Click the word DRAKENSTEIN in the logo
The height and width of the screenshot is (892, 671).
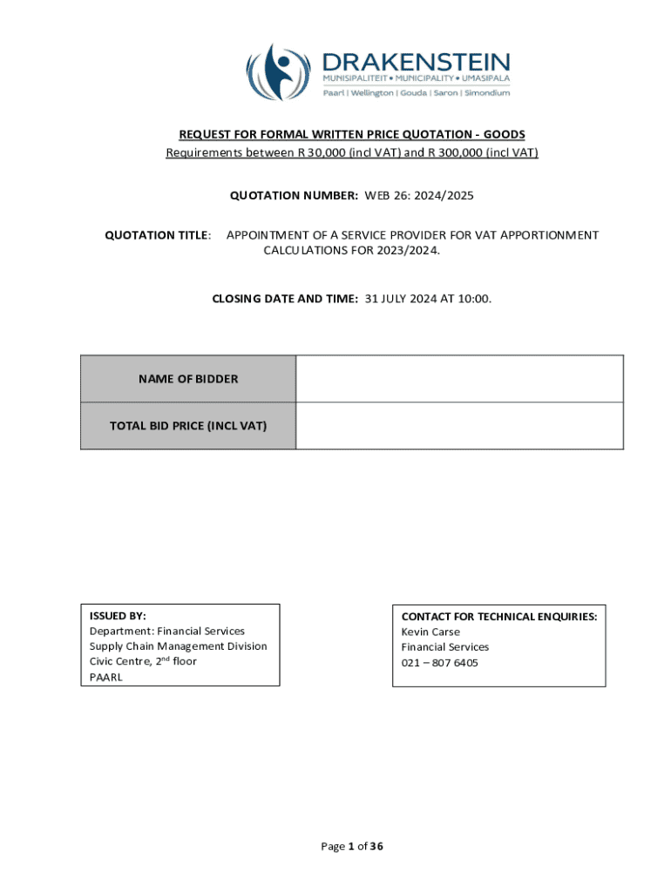pos(417,62)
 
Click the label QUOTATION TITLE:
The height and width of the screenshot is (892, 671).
pos(159,235)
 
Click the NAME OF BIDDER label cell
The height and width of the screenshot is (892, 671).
pos(188,379)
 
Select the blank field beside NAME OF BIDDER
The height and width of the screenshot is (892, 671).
pos(459,379)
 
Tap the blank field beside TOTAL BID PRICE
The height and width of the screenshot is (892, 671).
pos(459,426)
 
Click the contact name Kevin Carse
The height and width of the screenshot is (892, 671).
pos(430,632)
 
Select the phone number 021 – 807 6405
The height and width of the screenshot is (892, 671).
pos(439,663)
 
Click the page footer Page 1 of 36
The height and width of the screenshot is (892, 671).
pos(352,846)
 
